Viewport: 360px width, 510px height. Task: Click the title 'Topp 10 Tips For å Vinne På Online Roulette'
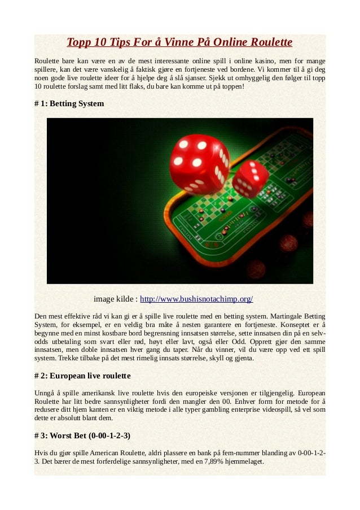(x=179, y=42)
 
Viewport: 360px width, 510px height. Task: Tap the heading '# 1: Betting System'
(x=69, y=104)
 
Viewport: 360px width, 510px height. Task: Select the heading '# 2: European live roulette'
(x=82, y=376)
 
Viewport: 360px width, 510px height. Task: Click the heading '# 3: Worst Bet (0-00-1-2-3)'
(x=82, y=435)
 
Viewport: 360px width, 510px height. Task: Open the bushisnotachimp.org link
(x=196, y=299)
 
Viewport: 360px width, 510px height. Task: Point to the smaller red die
(x=250, y=178)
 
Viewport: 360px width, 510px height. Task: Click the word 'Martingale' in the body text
(x=287, y=315)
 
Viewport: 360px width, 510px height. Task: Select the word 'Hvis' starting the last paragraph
(x=41, y=452)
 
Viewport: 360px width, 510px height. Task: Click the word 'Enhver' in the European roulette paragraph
(x=264, y=400)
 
